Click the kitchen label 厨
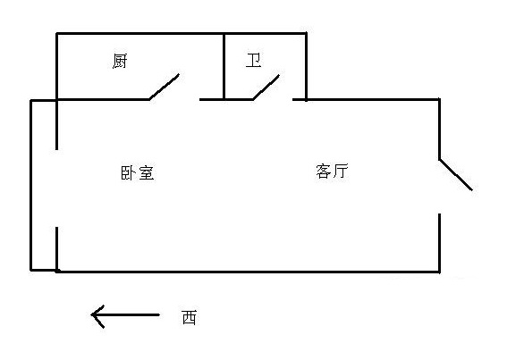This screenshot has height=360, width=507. pyautogui.click(x=120, y=61)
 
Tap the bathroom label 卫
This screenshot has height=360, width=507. pyautogui.click(x=254, y=61)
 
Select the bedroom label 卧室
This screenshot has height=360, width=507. pyautogui.click(x=138, y=173)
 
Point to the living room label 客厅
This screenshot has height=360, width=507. pyautogui.click(x=332, y=172)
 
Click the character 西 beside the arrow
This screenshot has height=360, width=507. pyautogui.click(x=190, y=317)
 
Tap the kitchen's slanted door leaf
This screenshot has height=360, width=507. pyautogui.click(x=165, y=87)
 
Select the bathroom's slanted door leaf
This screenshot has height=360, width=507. pyautogui.click(x=266, y=88)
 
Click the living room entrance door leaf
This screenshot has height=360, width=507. pyautogui.click(x=456, y=174)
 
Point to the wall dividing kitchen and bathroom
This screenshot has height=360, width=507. pyautogui.click(x=224, y=66)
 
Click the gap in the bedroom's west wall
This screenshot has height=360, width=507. pyautogui.click(x=57, y=188)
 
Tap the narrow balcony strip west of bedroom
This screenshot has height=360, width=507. pyautogui.click(x=44, y=185)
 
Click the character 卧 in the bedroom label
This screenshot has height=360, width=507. pyautogui.click(x=129, y=173)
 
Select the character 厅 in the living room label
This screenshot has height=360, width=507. pyautogui.click(x=341, y=172)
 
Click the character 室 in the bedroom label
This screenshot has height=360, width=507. pyautogui.click(x=146, y=173)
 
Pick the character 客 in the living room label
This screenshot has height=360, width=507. pyautogui.click(x=324, y=172)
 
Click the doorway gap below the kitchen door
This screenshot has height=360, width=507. pyautogui.click(x=174, y=99)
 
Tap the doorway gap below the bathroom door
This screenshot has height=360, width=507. pyautogui.click(x=273, y=99)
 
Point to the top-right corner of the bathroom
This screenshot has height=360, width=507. pyautogui.click(x=306, y=33)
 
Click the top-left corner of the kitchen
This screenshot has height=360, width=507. pyautogui.click(x=57, y=33)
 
